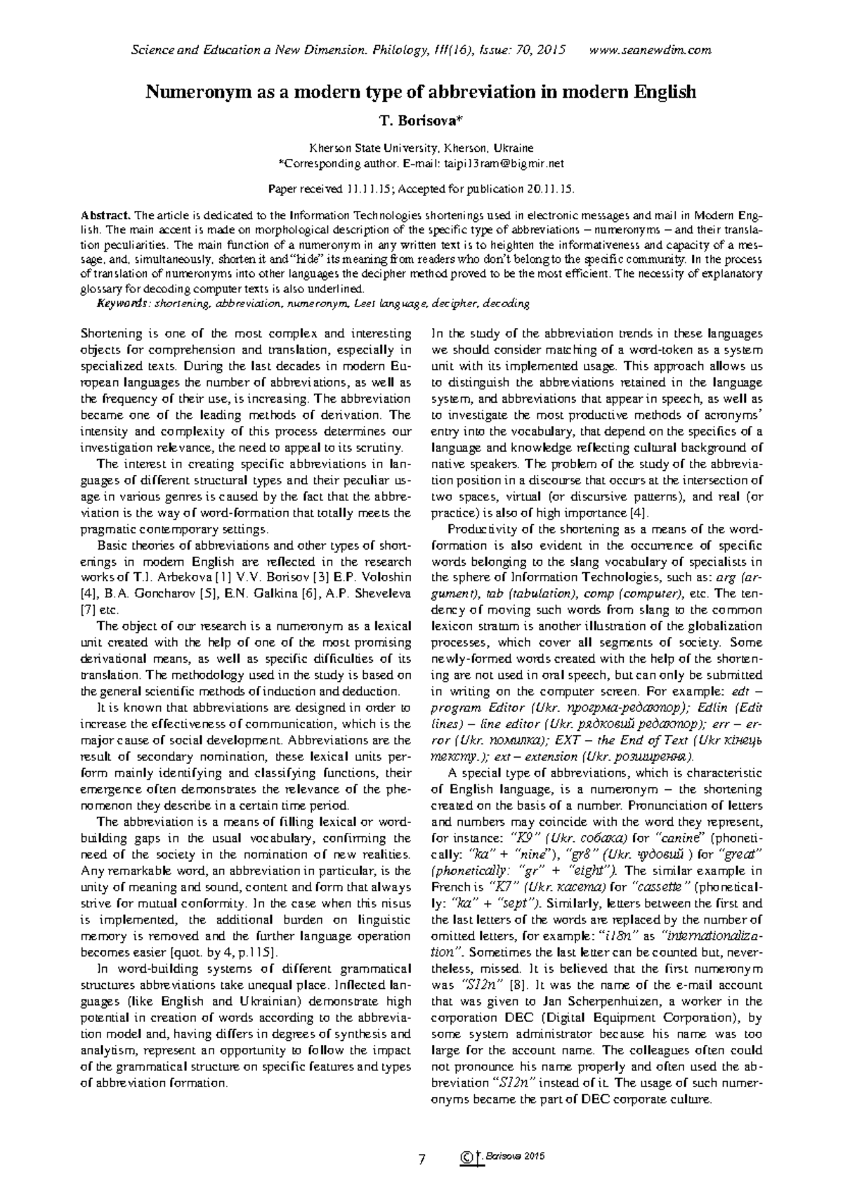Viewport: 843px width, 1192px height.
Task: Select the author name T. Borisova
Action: point(421,122)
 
